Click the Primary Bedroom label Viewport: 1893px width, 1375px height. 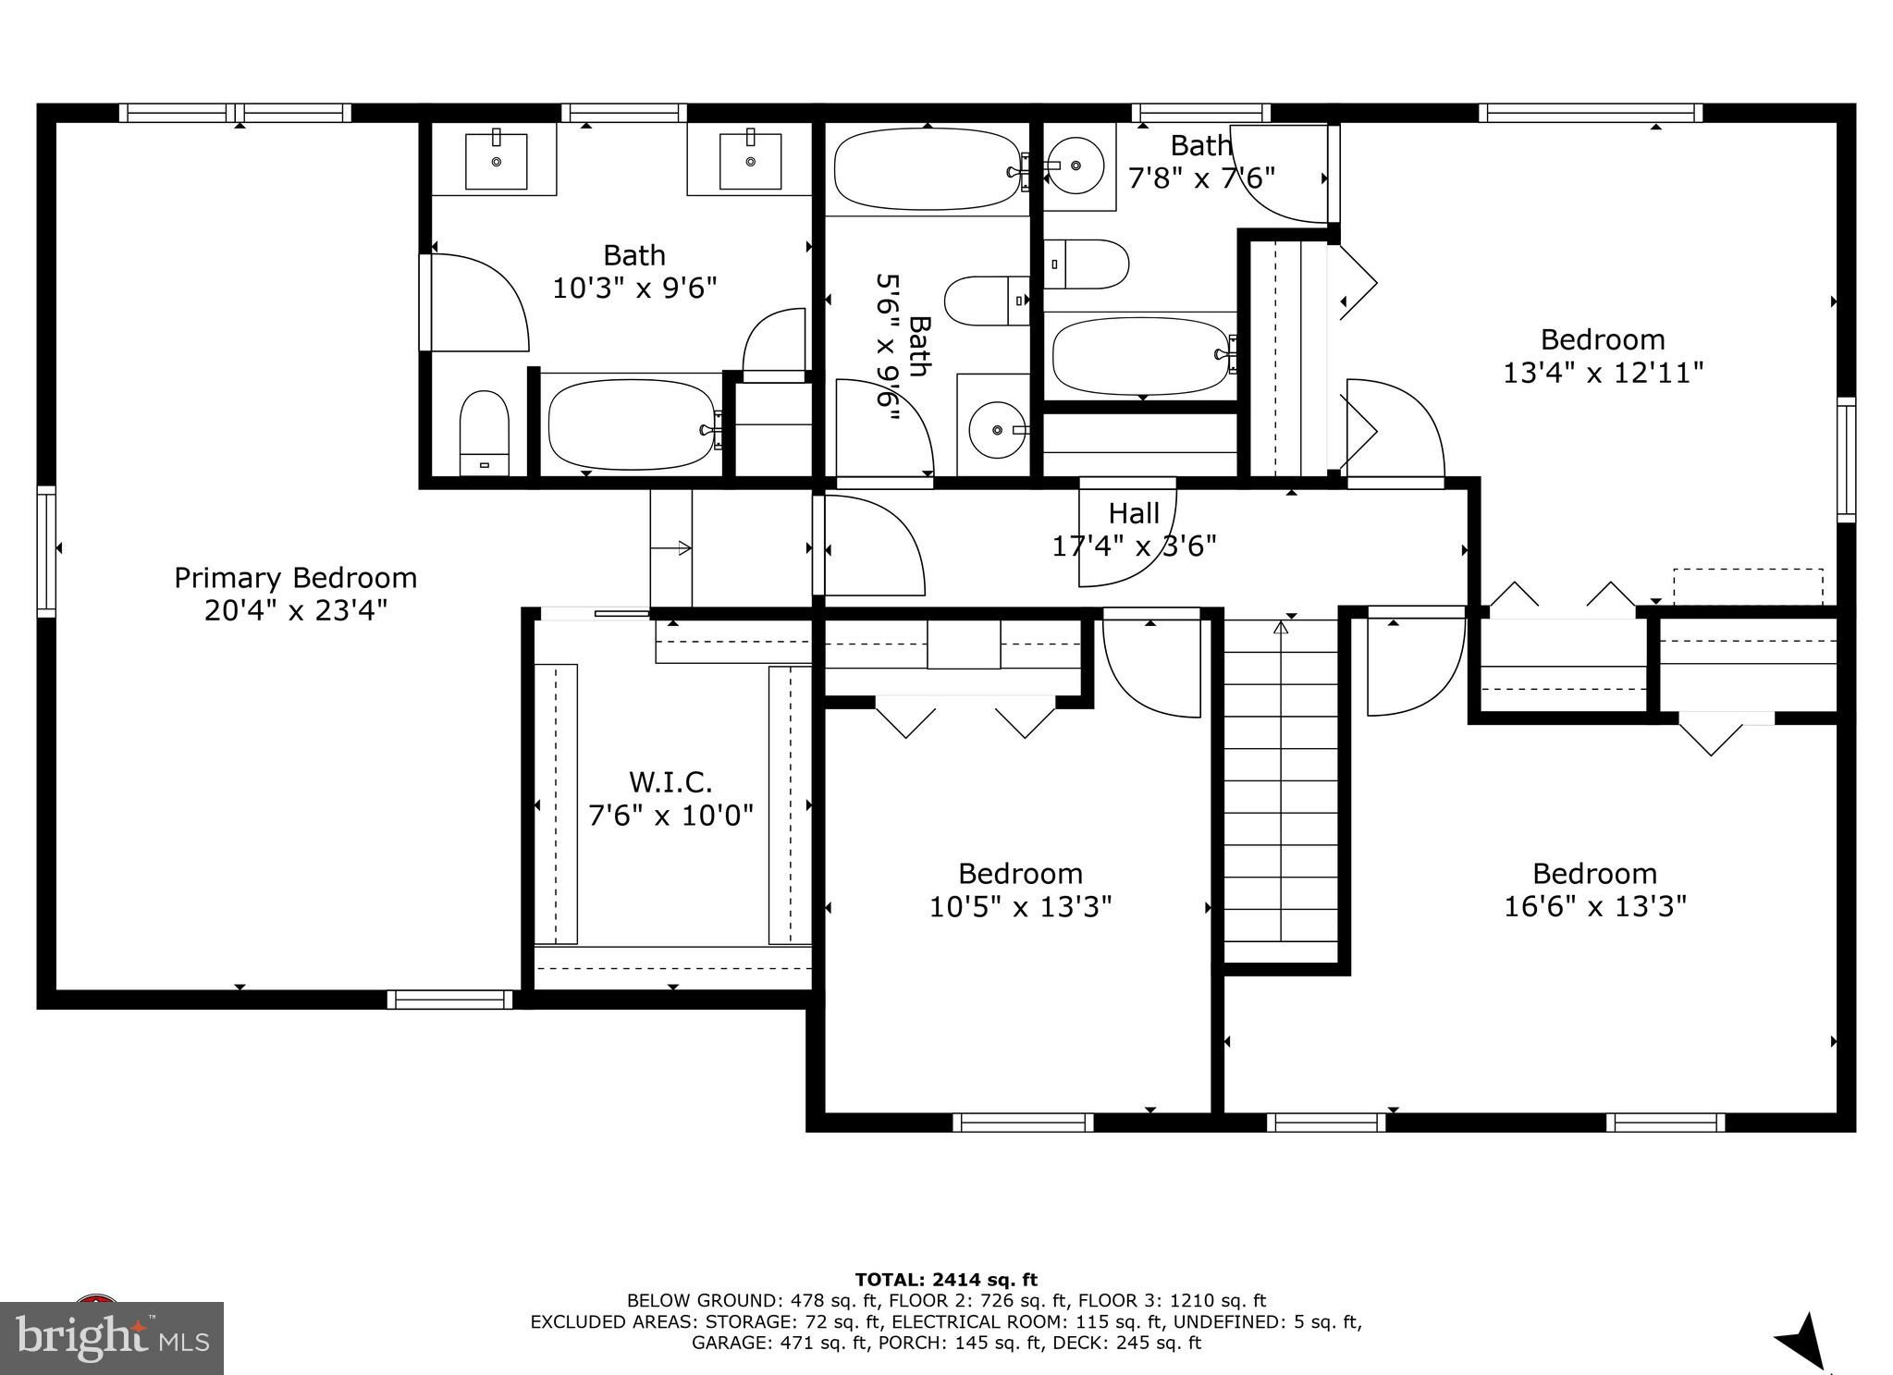(295, 579)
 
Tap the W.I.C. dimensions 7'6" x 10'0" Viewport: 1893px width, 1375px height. (670, 816)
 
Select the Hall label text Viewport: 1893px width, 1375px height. (1134, 513)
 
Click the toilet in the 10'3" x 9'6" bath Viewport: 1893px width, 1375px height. (485, 433)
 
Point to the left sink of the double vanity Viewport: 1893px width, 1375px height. (496, 162)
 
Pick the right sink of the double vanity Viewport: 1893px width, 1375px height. (750, 162)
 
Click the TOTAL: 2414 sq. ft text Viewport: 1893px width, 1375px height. (945, 1280)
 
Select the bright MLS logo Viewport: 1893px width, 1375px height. (112, 1337)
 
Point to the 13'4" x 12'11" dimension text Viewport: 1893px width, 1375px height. (1603, 373)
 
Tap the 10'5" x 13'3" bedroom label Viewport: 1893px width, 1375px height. (1020, 874)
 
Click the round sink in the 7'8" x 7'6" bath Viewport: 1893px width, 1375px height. (1076, 166)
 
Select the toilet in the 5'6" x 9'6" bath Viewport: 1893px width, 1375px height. (986, 301)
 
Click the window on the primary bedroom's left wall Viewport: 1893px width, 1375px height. (45, 551)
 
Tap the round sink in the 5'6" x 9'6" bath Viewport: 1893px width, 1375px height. (997, 430)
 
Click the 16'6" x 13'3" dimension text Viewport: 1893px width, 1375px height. (1594, 906)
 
